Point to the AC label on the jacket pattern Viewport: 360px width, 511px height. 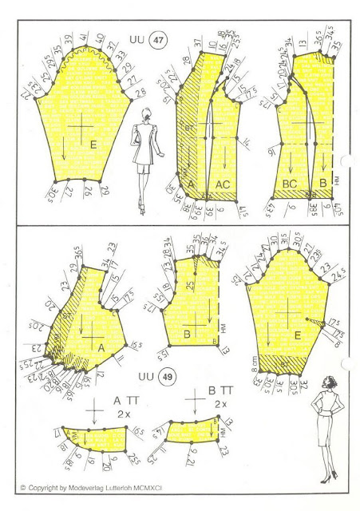pos(222,185)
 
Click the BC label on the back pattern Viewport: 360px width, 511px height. pos(288,184)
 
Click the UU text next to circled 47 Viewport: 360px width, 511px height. pos(136,38)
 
